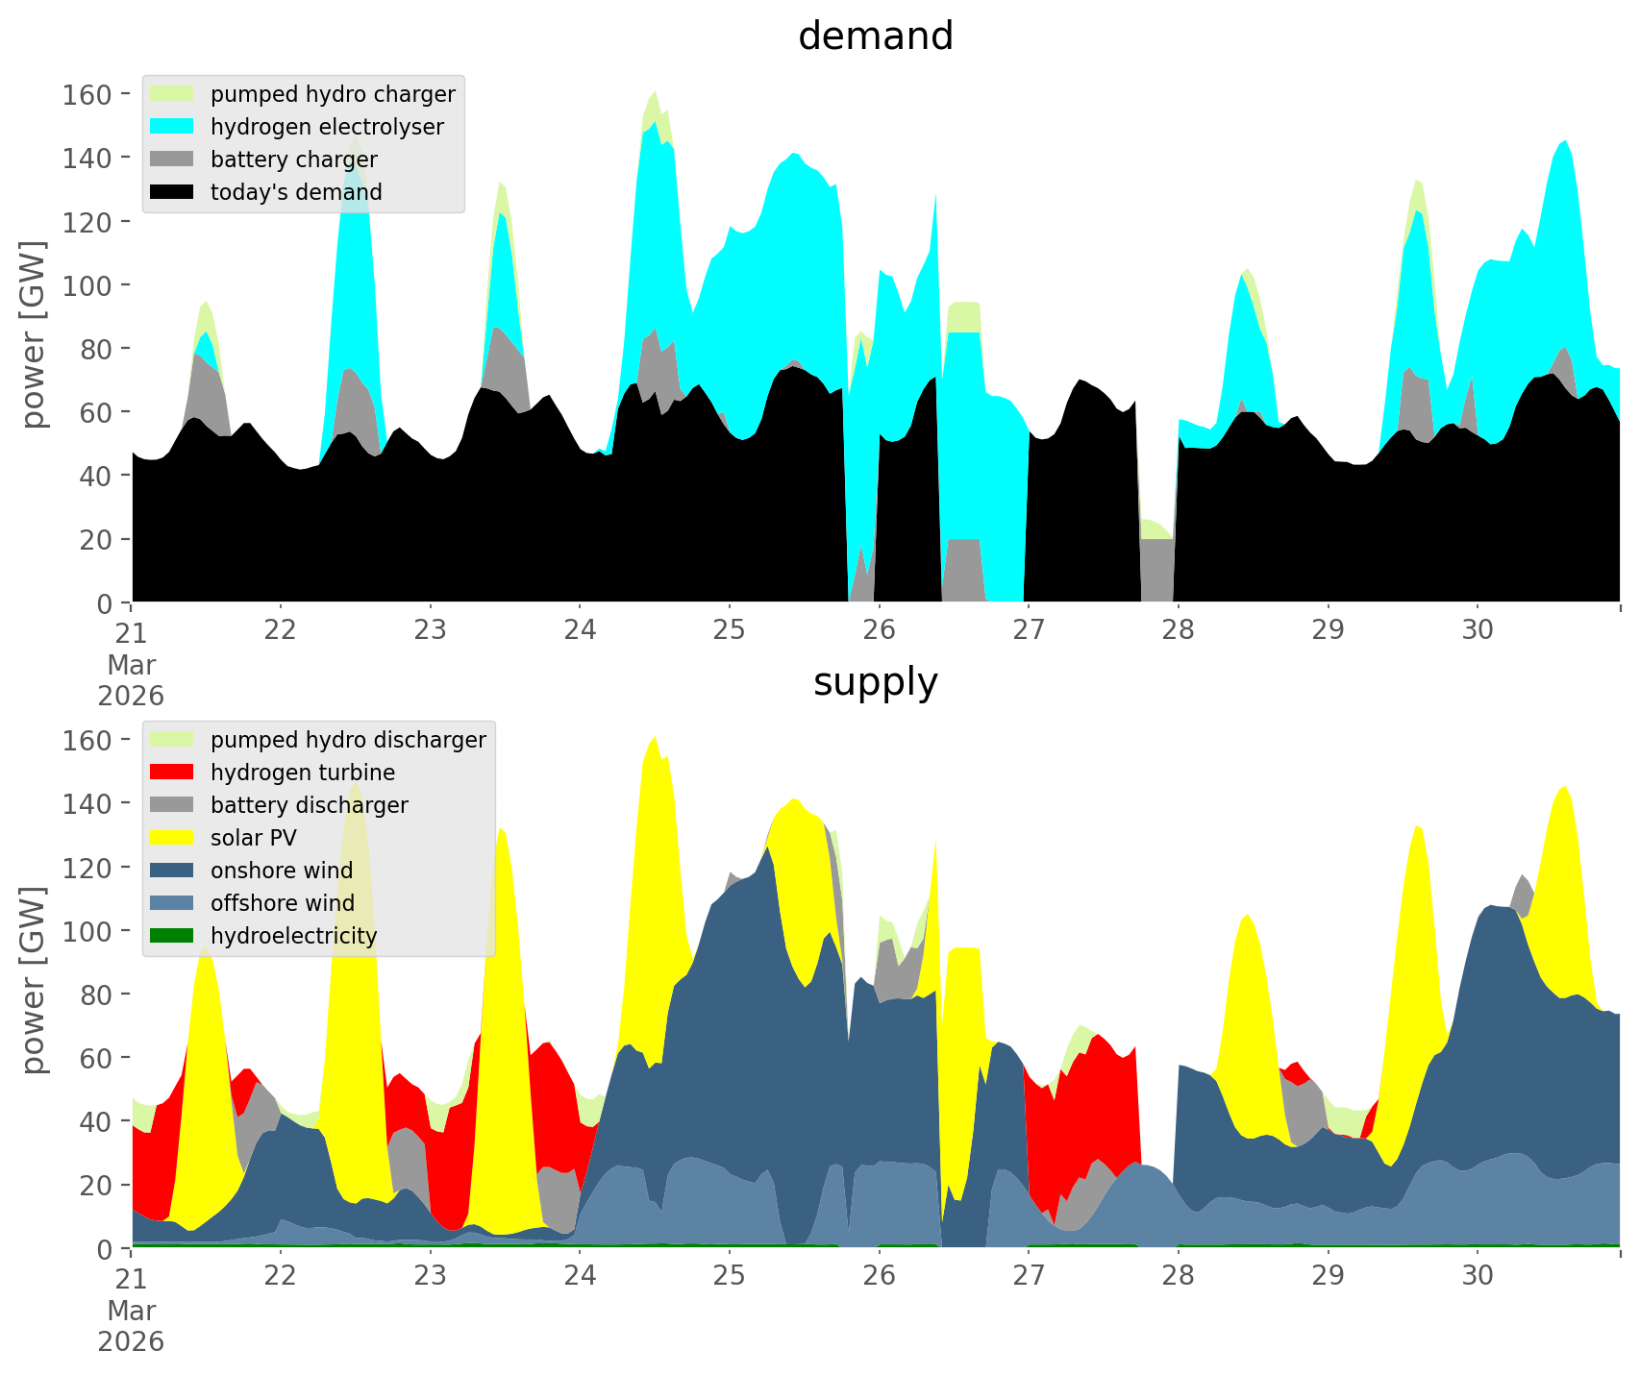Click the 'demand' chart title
click(x=875, y=37)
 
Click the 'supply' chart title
click(x=875, y=682)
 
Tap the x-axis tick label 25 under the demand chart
click(x=730, y=630)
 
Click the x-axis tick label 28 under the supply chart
click(x=1178, y=1276)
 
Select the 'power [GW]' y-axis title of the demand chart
click(x=34, y=334)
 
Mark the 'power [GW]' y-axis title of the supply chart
click(x=34, y=980)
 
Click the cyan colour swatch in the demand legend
click(x=172, y=127)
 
